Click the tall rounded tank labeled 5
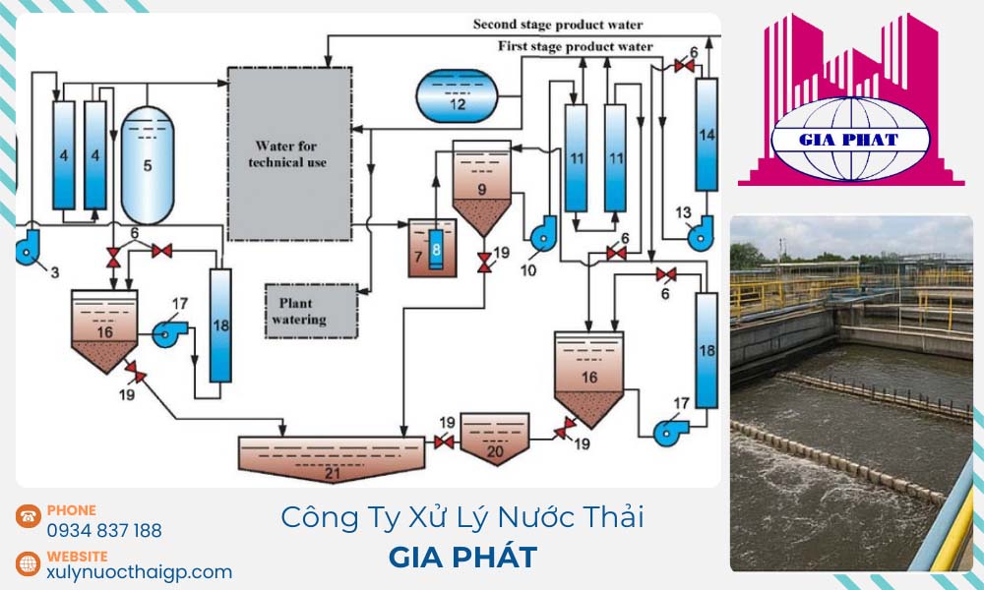148,164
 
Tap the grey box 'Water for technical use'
289,154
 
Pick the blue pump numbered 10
542,234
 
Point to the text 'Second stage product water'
558,25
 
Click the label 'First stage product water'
576,46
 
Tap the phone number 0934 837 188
104,531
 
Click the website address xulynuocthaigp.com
139,571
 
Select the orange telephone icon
28,517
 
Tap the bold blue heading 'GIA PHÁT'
462,558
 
